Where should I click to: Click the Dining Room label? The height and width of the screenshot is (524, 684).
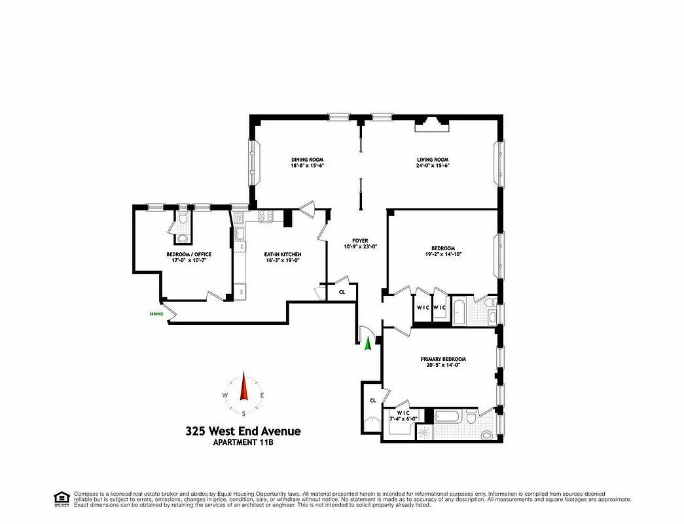tap(307, 160)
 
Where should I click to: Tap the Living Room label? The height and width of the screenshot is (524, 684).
tap(433, 160)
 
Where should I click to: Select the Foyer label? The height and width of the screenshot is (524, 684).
tap(361, 240)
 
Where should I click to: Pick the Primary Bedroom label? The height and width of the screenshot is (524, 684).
tap(443, 360)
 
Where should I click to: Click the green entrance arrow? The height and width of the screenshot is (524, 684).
tap(369, 343)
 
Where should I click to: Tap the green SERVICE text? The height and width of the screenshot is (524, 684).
tap(156, 314)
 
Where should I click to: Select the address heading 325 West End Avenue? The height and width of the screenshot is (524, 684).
tap(243, 431)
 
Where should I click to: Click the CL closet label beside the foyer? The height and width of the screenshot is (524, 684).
tap(342, 292)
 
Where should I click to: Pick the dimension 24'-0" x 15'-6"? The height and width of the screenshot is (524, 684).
tap(433, 166)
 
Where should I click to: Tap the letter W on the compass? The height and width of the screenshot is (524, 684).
tap(225, 395)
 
